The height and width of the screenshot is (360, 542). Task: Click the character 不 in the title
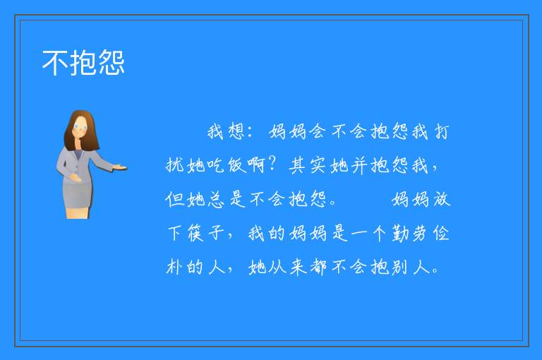pos(55,63)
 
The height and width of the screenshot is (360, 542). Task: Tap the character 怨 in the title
pos(112,63)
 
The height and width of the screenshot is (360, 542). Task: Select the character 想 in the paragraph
pos(237,131)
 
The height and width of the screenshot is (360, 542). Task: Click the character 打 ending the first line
pos(442,131)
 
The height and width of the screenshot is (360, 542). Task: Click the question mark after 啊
pos(272,164)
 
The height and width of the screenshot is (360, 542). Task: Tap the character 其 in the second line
pos(298,165)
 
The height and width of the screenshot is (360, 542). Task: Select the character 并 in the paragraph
pos(359,165)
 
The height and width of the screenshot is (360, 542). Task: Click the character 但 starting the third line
pos(175,199)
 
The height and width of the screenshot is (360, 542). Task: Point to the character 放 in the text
pos(442,199)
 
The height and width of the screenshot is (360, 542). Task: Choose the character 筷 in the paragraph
pos(195,233)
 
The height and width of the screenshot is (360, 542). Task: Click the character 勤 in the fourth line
pos(401,233)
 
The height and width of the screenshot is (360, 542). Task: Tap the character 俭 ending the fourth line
pos(442,233)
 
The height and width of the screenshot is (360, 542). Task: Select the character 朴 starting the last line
pos(175,267)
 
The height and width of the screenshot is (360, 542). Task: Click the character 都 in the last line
pos(318,267)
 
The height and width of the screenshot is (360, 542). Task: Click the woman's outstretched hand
pos(120,168)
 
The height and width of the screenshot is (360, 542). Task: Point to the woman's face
pos(80,127)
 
